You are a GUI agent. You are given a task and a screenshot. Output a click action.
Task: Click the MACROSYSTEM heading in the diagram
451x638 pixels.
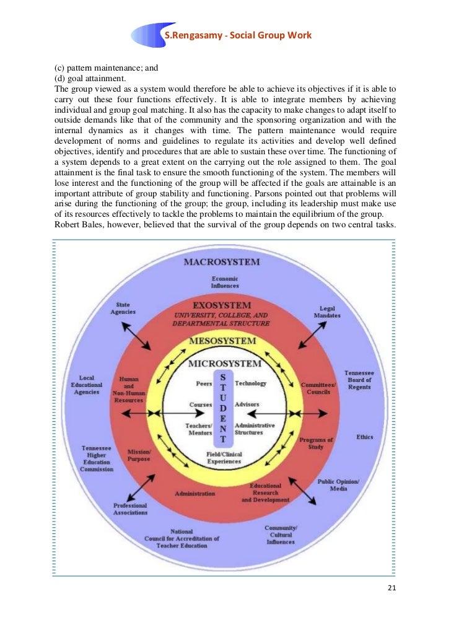pyautogui.click(x=222, y=262)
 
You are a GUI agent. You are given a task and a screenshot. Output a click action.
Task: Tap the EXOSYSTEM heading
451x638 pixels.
pyautogui.click(x=222, y=305)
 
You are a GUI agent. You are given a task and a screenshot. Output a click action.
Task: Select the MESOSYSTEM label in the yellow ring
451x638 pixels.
pyautogui.click(x=222, y=341)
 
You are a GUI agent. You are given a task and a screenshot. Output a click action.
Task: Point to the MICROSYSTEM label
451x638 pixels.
pyautogui.click(x=224, y=362)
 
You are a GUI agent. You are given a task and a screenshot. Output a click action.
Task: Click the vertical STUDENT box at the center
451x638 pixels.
pyautogui.click(x=222, y=409)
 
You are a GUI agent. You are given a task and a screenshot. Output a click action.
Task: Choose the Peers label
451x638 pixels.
pyautogui.click(x=204, y=383)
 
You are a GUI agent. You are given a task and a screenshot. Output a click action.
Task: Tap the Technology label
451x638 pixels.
pyautogui.click(x=250, y=383)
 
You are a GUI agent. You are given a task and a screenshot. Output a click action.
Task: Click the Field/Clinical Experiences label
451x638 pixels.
pyautogui.click(x=224, y=458)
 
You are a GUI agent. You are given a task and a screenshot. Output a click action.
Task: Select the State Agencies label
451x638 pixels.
pyautogui.click(x=123, y=308)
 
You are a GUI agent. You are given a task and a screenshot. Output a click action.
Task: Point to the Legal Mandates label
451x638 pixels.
pyautogui.click(x=327, y=312)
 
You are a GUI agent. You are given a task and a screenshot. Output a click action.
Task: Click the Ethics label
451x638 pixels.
pyautogui.click(x=365, y=437)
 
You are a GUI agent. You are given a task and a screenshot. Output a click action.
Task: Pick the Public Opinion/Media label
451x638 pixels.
pyautogui.click(x=338, y=484)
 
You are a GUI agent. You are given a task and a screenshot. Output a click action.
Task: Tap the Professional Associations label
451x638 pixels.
pyautogui.click(x=130, y=509)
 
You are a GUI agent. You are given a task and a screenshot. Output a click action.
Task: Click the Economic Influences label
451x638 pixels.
pyautogui.click(x=224, y=282)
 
